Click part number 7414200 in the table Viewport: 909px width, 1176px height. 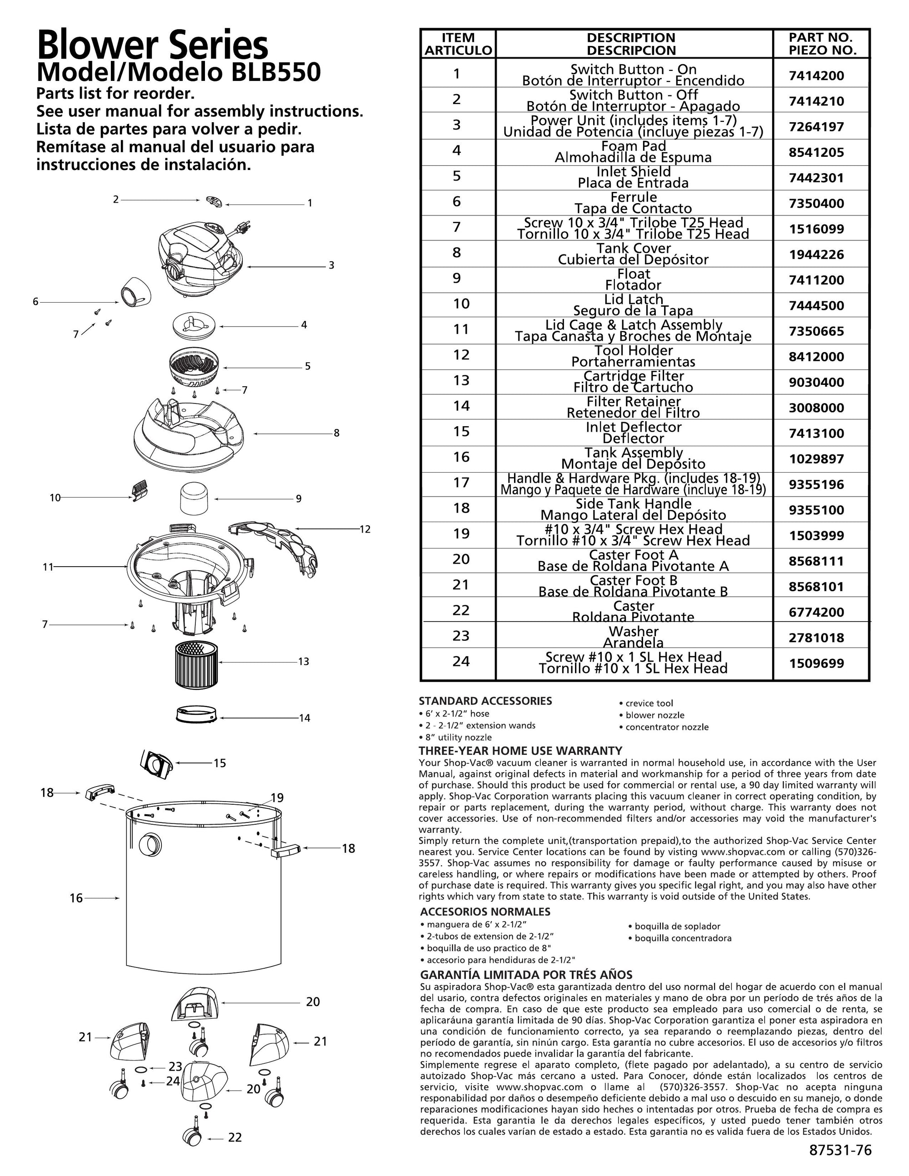[x=816, y=76]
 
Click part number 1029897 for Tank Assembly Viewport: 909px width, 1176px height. [x=816, y=459]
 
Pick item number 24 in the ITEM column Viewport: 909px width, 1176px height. [x=460, y=661]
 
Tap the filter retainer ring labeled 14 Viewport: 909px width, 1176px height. [x=196, y=716]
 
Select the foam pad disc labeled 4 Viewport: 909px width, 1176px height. [x=194, y=326]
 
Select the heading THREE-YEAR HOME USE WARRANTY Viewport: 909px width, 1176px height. [x=520, y=751]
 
